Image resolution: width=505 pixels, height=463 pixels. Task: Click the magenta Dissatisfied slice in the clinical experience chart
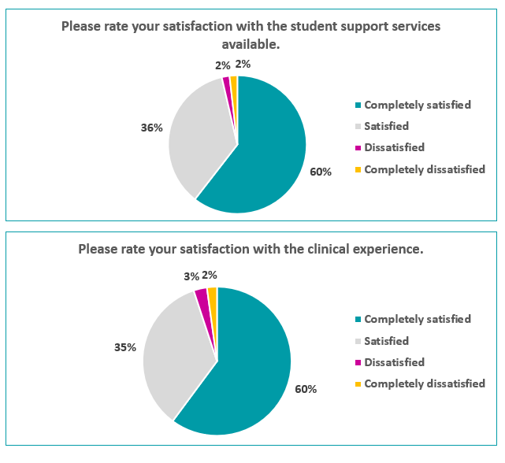[x=202, y=298]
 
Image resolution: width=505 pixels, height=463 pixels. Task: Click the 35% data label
[x=125, y=346]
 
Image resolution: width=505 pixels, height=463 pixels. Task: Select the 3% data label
[x=191, y=276]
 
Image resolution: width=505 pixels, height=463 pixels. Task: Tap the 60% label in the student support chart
[x=321, y=172]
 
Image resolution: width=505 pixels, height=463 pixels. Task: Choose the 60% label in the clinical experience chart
[x=306, y=389]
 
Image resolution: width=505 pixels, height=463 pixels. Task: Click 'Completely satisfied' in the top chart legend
[x=418, y=105]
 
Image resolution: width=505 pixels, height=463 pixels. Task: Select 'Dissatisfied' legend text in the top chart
[x=394, y=147]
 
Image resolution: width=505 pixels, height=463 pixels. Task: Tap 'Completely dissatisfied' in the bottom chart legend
[x=425, y=383]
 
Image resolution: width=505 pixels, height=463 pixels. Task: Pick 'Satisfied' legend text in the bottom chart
[x=386, y=341]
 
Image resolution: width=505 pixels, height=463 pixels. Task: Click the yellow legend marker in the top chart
[x=358, y=169]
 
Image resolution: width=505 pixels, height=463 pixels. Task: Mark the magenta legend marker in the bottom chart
[x=358, y=362]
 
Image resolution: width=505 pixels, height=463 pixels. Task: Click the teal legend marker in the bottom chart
[x=358, y=320]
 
